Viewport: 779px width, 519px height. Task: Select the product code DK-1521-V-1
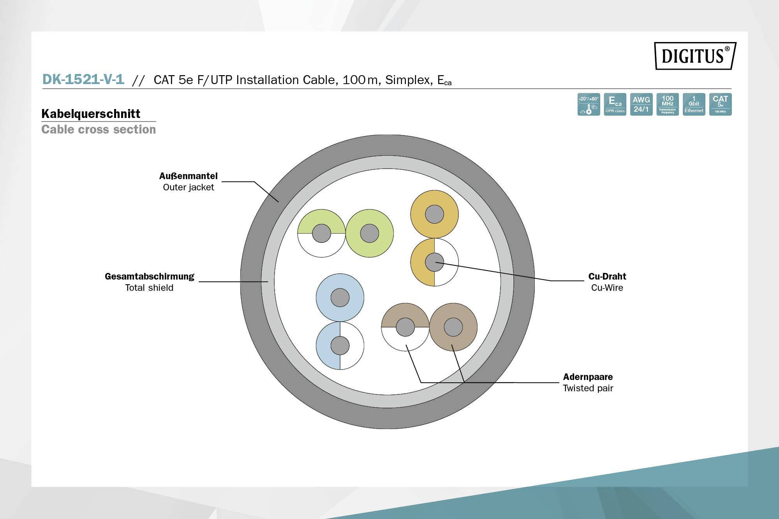click(83, 79)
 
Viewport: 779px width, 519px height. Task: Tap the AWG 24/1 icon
click(641, 104)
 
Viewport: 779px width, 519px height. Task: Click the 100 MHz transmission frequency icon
click(668, 104)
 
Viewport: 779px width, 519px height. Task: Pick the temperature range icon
click(589, 104)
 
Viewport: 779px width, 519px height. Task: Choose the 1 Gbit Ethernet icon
click(694, 104)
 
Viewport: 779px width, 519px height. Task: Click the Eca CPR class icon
click(615, 104)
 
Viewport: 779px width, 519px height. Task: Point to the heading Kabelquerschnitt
click(91, 114)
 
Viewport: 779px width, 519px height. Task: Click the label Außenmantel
click(189, 176)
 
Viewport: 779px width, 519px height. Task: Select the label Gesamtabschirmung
click(150, 276)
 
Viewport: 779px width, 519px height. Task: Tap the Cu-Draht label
click(607, 276)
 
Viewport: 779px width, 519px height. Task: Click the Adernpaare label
click(588, 377)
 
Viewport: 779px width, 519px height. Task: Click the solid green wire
click(370, 233)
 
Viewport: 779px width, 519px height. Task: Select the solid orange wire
click(434, 214)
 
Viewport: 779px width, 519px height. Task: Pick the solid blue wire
click(340, 298)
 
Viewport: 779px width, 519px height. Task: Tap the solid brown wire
click(453, 327)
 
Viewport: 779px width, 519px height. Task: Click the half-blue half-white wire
click(340, 345)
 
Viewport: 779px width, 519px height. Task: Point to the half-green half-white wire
click(322, 233)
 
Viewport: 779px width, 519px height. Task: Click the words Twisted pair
click(588, 388)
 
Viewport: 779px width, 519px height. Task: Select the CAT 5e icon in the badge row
click(720, 104)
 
